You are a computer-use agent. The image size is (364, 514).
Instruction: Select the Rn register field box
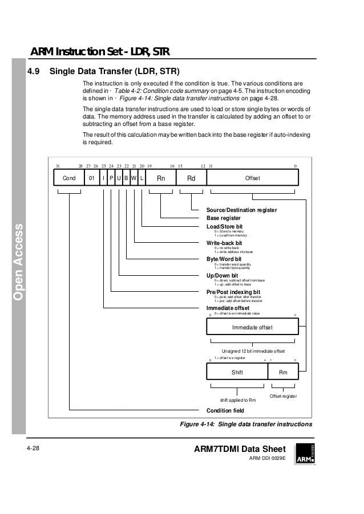(161, 178)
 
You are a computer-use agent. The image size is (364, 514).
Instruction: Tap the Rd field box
(192, 178)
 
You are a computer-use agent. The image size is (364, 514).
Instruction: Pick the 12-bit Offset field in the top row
(252, 178)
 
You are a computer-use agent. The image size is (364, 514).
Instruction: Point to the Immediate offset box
(252, 327)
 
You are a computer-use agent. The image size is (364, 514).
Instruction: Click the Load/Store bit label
(224, 226)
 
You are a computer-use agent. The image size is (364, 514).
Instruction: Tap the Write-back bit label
(224, 243)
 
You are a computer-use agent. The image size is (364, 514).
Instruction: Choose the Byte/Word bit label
(224, 259)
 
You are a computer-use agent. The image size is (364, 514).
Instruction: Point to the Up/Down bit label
(222, 275)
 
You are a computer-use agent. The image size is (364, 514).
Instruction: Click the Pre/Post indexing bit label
(233, 292)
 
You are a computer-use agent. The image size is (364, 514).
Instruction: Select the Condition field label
(225, 410)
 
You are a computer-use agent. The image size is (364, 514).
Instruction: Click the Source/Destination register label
(241, 210)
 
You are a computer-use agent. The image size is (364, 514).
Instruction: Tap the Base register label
(223, 218)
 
